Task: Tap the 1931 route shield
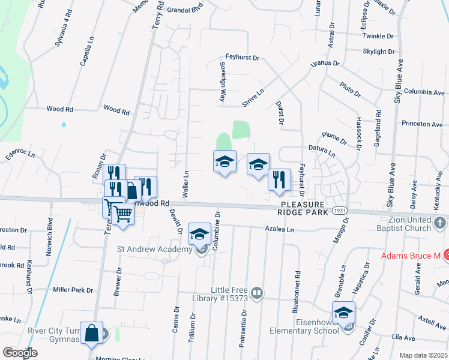(x=339, y=212)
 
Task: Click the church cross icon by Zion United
(x=440, y=224)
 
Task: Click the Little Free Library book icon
(x=257, y=293)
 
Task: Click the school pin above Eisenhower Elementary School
(x=344, y=313)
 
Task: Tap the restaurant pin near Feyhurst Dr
(x=279, y=179)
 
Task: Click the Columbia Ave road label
(x=424, y=92)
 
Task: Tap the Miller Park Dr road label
(x=73, y=290)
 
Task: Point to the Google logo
(x=19, y=353)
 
